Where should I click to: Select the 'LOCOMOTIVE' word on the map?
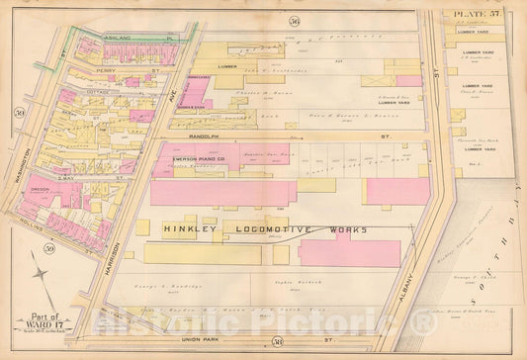tap(267, 228)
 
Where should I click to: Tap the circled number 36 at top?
tap(293, 21)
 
